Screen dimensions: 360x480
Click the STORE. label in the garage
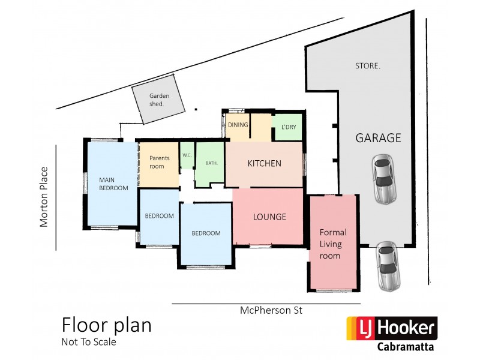pyautogui.click(x=368, y=66)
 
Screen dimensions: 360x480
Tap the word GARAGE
pyautogui.click(x=378, y=138)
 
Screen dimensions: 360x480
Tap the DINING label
pyautogui.click(x=238, y=125)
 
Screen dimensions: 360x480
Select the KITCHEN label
pyautogui.click(x=265, y=163)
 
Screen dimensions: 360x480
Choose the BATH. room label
pyautogui.click(x=211, y=163)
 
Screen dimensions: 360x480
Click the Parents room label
pyautogui.click(x=160, y=162)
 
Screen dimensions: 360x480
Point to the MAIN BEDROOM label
pyautogui.click(x=114, y=183)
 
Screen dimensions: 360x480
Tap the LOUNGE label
pyautogui.click(x=269, y=217)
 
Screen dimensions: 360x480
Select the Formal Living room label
pyautogui.click(x=333, y=244)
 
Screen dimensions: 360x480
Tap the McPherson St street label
pyautogui.click(x=271, y=311)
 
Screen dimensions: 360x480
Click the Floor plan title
pyautogui.click(x=107, y=325)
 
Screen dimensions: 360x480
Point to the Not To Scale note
pyautogui.click(x=88, y=343)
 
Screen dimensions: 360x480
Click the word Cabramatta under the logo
pyautogui.click(x=407, y=347)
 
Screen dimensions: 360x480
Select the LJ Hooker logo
pyautogui.click(x=392, y=328)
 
